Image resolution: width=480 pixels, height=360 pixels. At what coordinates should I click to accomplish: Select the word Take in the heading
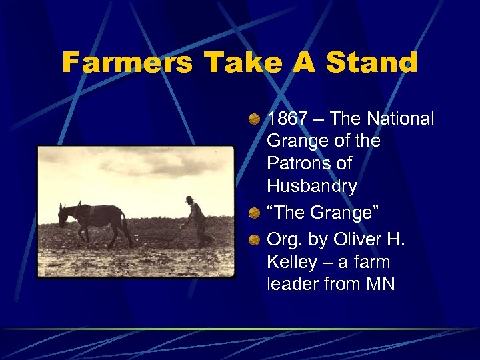tap(243, 63)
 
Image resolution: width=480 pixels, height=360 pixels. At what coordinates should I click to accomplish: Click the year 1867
tap(287, 119)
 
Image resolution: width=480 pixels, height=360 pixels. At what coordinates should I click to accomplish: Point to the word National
tap(399, 119)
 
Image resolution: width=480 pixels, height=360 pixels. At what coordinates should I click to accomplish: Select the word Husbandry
tap(311, 186)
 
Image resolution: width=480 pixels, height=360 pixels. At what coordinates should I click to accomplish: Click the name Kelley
tap(291, 262)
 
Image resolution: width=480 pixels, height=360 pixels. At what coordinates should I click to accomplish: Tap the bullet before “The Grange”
tap(255, 213)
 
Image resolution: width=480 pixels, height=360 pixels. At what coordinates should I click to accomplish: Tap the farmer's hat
tap(189, 199)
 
